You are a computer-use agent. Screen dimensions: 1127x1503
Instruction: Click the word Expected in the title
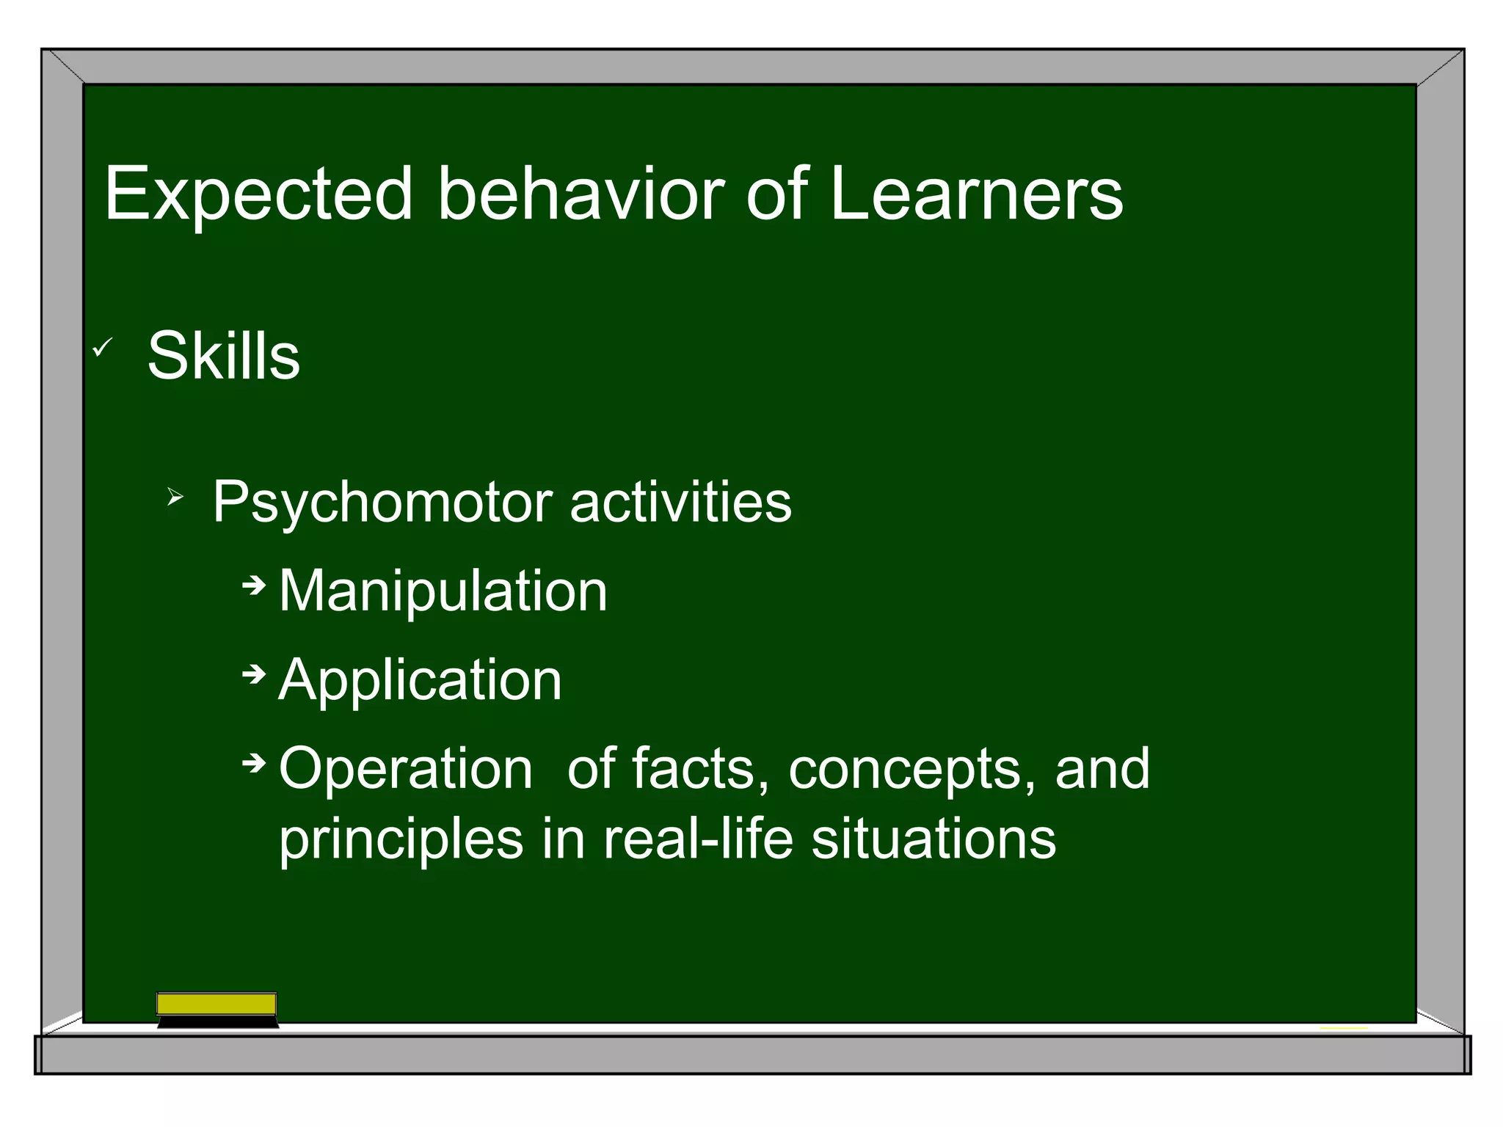(258, 194)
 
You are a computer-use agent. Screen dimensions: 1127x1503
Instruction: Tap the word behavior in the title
(581, 193)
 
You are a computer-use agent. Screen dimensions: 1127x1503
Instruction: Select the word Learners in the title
(976, 193)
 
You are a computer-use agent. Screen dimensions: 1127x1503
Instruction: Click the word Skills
(224, 356)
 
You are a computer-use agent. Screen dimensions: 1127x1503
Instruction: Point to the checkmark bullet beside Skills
(102, 347)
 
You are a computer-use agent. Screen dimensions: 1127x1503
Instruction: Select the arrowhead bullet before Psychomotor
(174, 498)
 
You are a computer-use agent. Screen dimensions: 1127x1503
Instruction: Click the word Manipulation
(443, 591)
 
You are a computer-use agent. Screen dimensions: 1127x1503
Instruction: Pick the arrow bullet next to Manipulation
(254, 585)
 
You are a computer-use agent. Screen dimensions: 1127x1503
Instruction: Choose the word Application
(420, 680)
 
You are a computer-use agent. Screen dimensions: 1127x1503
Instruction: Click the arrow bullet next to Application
(254, 674)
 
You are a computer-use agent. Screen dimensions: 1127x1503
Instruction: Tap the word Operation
(406, 769)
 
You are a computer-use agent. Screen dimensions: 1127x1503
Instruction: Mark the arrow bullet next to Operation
(254, 763)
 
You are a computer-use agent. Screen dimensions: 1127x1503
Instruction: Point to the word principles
(401, 840)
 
